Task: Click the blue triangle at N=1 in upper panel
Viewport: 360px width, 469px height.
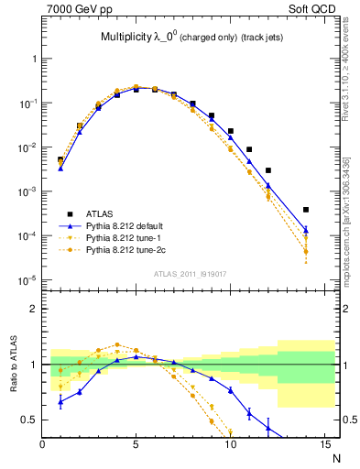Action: click(60, 168)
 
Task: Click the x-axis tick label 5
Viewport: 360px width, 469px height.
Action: click(136, 446)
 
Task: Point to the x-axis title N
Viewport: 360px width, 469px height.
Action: click(334, 457)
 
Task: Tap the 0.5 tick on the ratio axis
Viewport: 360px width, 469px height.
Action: click(29, 420)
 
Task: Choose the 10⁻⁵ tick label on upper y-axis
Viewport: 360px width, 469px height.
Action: click(27, 279)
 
